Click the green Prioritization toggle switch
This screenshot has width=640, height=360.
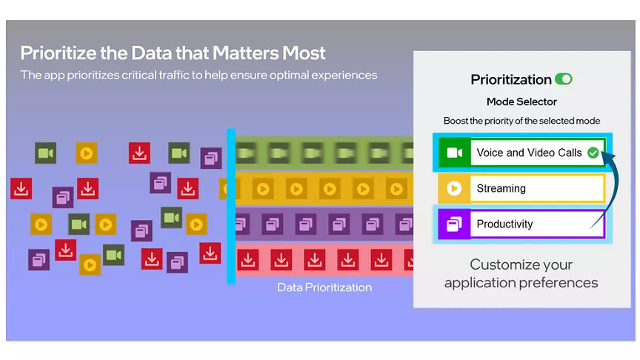pos(563,79)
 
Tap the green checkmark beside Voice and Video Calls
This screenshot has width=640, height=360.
pos(593,153)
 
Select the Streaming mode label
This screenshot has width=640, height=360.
pos(501,188)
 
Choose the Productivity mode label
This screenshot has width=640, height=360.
pos(504,224)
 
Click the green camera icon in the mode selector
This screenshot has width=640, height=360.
pos(455,153)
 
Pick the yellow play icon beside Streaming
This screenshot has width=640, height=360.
pos(454,188)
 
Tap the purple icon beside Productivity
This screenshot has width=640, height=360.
pos(454,224)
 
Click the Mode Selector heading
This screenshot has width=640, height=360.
pos(521,101)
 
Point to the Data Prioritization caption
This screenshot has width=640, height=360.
pos(324,287)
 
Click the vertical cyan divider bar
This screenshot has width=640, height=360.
pos(231,206)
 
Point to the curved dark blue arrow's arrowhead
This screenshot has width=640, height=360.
pos(607,157)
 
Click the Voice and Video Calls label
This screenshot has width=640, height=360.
pos(529,153)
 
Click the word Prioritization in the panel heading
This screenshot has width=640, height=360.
pos(511,79)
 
